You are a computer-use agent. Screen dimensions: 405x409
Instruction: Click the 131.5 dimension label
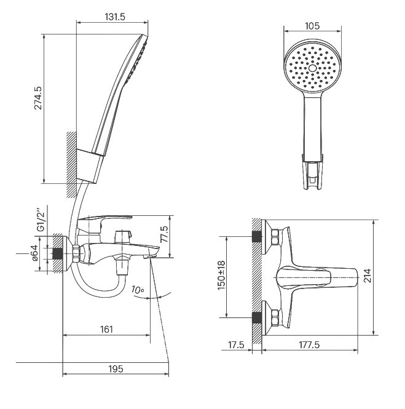click(x=115, y=17)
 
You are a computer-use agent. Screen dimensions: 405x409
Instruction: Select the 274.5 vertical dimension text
click(x=38, y=98)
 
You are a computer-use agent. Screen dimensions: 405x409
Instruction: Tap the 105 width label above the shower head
click(x=312, y=26)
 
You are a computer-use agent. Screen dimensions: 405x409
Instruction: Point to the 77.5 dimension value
click(x=164, y=234)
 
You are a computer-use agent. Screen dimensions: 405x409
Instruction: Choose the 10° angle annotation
click(x=138, y=290)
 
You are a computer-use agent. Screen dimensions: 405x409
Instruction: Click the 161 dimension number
click(x=107, y=329)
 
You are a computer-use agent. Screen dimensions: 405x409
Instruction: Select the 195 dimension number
click(x=116, y=368)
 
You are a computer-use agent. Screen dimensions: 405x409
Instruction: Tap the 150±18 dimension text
click(x=221, y=275)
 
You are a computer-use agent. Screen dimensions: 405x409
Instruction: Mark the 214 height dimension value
click(x=368, y=276)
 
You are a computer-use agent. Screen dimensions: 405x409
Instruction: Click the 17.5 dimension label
click(x=236, y=345)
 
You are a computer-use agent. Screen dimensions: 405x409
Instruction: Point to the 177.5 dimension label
click(x=309, y=345)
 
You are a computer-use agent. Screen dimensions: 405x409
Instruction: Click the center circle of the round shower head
click(x=312, y=68)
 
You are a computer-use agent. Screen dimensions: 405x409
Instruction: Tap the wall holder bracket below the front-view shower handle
click(x=312, y=172)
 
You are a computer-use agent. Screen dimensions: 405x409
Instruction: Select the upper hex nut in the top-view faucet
click(x=275, y=237)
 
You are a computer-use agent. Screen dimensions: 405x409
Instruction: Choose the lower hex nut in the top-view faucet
click(x=275, y=317)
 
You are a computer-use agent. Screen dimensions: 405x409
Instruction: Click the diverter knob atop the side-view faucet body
click(x=122, y=236)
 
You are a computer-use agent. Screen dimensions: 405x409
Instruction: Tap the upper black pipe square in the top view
click(x=257, y=237)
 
